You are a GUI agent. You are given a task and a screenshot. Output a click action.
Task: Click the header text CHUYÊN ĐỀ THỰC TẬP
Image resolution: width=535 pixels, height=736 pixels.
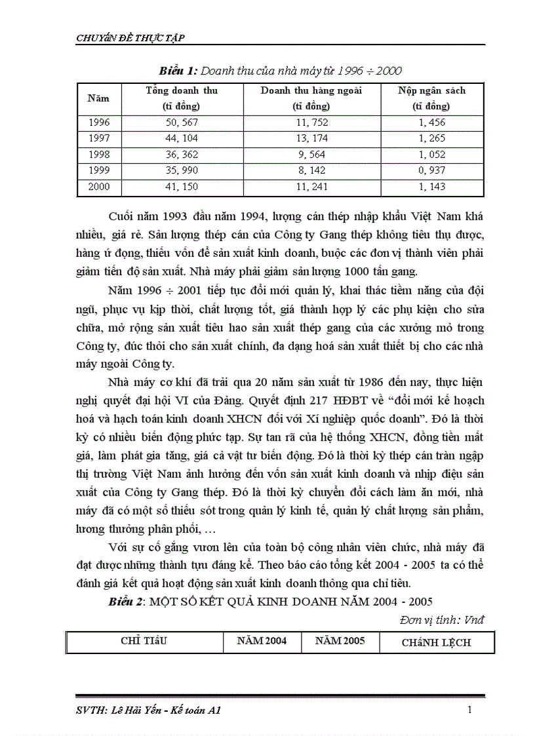pyautogui.click(x=130, y=38)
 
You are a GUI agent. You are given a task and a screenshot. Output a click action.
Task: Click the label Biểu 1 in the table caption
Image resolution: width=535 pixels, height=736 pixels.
pyautogui.click(x=178, y=70)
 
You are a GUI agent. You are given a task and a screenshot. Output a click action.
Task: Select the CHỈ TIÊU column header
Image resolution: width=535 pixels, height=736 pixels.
pyautogui.click(x=144, y=641)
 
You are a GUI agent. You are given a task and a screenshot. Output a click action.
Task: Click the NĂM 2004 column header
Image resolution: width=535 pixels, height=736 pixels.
pyautogui.click(x=262, y=641)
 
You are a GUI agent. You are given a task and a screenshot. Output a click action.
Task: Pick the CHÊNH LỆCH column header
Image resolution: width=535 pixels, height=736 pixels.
pyautogui.click(x=436, y=642)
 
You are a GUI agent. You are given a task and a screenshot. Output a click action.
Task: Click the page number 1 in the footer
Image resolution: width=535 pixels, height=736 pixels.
pyautogui.click(x=470, y=709)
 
